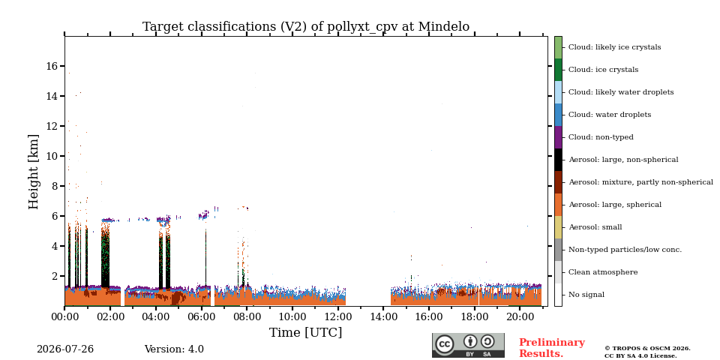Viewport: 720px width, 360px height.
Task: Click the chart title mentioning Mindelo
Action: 306,27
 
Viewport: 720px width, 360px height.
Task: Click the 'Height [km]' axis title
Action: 34,172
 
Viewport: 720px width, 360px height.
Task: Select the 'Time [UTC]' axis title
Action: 305,332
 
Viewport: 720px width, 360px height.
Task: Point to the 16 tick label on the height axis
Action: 52,66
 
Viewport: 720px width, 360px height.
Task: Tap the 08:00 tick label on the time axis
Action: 247,317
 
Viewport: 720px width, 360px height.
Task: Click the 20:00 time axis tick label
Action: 520,317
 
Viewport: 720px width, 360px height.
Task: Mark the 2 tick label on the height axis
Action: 55,276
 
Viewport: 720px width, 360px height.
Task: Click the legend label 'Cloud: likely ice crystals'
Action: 615,46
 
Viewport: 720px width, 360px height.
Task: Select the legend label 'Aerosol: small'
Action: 595,226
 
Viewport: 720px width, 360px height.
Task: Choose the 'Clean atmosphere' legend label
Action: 603,271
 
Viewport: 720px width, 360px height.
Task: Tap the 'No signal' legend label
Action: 586,294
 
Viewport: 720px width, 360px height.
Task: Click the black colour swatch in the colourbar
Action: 558,160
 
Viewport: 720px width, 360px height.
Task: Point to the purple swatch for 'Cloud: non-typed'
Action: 558,137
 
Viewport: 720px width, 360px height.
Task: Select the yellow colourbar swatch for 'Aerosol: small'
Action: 558,227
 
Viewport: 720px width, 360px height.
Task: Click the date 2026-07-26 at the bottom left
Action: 65,349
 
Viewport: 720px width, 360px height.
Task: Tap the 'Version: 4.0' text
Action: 174,349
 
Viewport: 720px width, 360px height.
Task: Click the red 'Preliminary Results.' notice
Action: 552,348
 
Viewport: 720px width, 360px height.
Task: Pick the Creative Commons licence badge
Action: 468,345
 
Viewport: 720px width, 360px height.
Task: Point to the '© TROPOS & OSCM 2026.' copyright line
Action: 647,349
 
